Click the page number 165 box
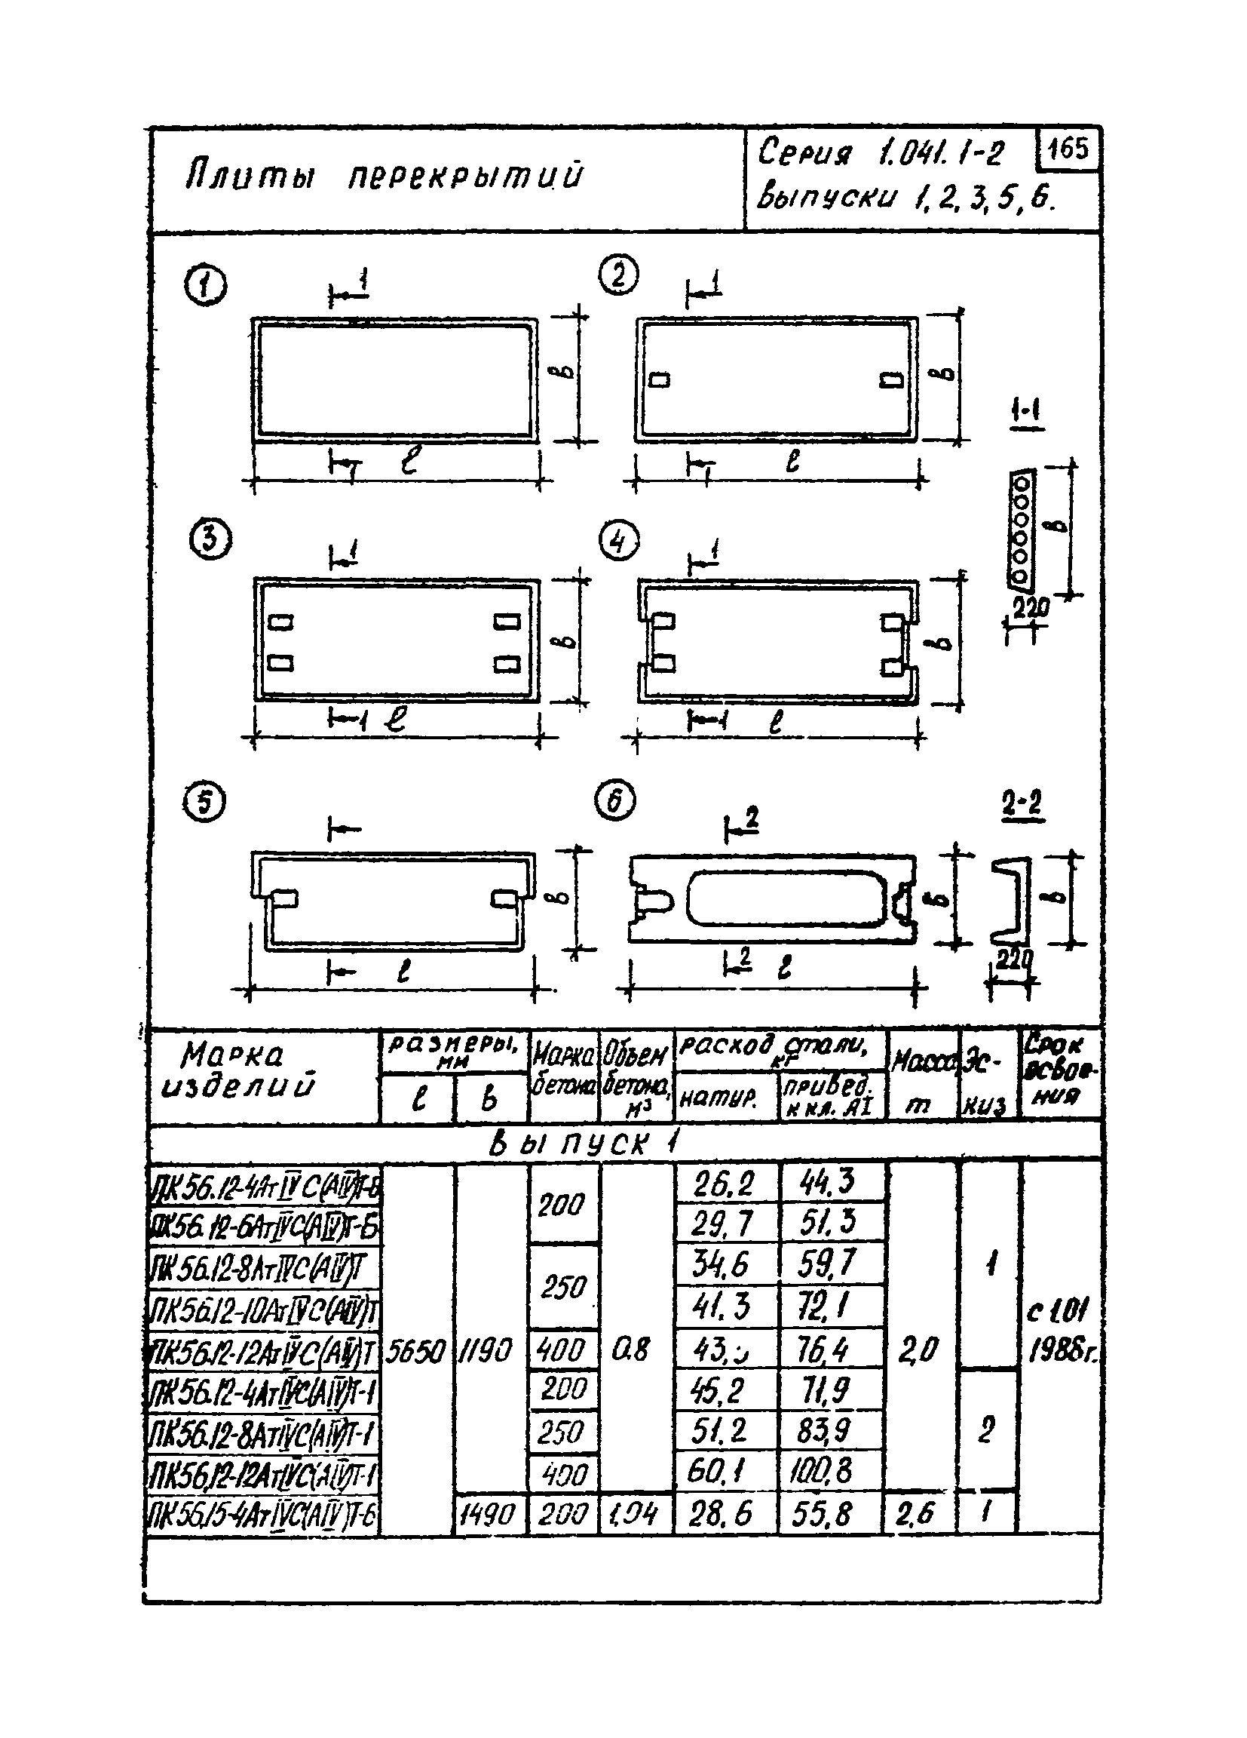pos(1068,149)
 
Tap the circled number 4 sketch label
pos(619,542)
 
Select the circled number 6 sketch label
pos(615,802)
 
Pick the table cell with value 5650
pos(416,1351)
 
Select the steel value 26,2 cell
pos(724,1186)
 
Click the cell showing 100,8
pos(830,1471)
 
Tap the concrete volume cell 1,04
pos(635,1514)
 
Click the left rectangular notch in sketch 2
pos(660,380)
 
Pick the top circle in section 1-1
pos(1021,484)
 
